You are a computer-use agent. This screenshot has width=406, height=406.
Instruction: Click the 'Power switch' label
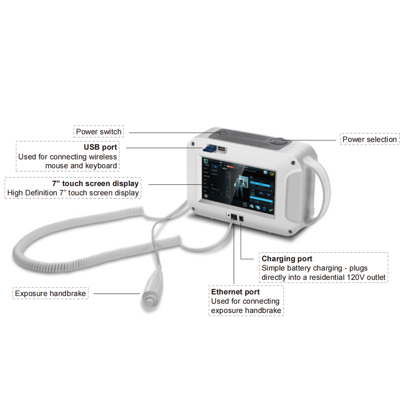pos(99,132)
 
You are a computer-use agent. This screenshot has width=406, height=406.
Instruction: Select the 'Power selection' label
pos(370,139)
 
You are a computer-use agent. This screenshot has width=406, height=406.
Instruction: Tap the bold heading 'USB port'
pos(100,148)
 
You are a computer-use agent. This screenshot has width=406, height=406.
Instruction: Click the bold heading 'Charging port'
pos(287,258)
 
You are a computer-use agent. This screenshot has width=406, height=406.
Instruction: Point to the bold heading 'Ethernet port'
pos(236,292)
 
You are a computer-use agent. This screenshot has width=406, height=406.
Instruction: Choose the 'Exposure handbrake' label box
pos(50,293)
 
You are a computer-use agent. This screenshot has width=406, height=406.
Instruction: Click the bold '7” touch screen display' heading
pos(95,184)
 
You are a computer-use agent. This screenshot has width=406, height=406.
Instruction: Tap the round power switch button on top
pos(223,133)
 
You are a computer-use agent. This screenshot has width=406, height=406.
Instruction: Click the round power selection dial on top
pos(278,142)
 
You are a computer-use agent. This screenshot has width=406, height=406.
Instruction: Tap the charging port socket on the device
pos(241,218)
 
